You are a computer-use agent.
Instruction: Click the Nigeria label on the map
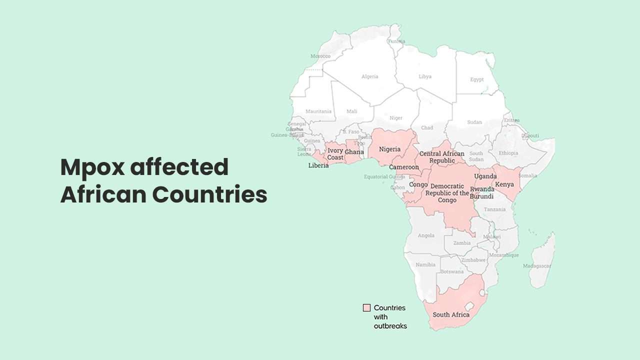pos(389,149)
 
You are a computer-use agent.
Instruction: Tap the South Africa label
pos(451,314)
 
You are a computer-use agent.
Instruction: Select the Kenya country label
pos(504,184)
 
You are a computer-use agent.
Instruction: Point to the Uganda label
pos(484,176)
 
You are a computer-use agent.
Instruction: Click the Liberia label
pos(318,165)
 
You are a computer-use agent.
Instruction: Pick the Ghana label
pos(354,151)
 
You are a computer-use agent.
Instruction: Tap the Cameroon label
pos(404,167)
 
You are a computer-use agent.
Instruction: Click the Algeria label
pos(370,76)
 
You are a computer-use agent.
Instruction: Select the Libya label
pos(425,76)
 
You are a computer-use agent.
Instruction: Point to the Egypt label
pos(477,79)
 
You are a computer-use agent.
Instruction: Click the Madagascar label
pos(536,266)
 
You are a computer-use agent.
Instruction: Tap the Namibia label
pos(426,264)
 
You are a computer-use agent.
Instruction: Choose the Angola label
pos(426,235)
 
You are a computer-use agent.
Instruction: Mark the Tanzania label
pos(494,209)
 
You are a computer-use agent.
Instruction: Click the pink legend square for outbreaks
pos(366,308)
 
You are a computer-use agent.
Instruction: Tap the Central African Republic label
pos(441,157)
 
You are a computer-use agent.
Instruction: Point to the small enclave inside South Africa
pos(469,305)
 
